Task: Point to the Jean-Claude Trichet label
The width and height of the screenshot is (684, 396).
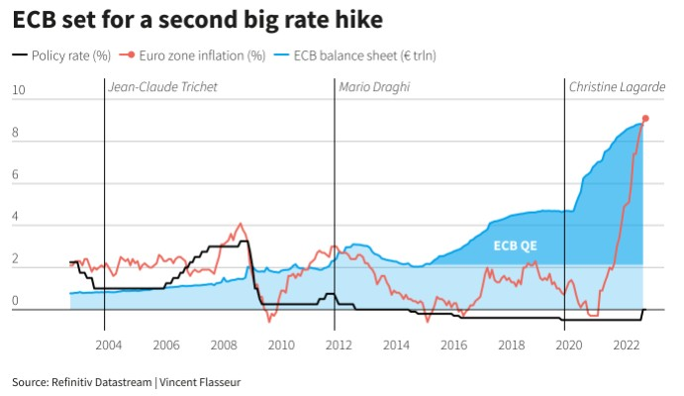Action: (x=162, y=87)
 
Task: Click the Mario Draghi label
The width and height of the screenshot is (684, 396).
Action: (x=373, y=87)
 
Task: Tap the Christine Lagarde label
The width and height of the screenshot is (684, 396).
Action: (x=616, y=87)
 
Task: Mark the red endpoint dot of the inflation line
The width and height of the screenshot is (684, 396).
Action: (x=644, y=118)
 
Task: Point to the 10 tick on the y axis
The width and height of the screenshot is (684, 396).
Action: (x=18, y=92)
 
